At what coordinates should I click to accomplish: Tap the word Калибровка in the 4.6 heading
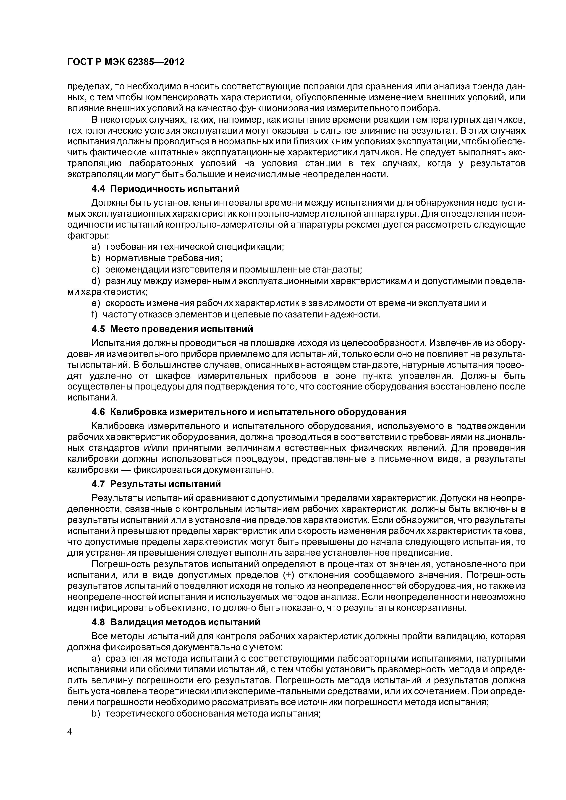(x=139, y=412)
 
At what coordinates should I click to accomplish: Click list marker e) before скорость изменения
(x=95, y=303)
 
